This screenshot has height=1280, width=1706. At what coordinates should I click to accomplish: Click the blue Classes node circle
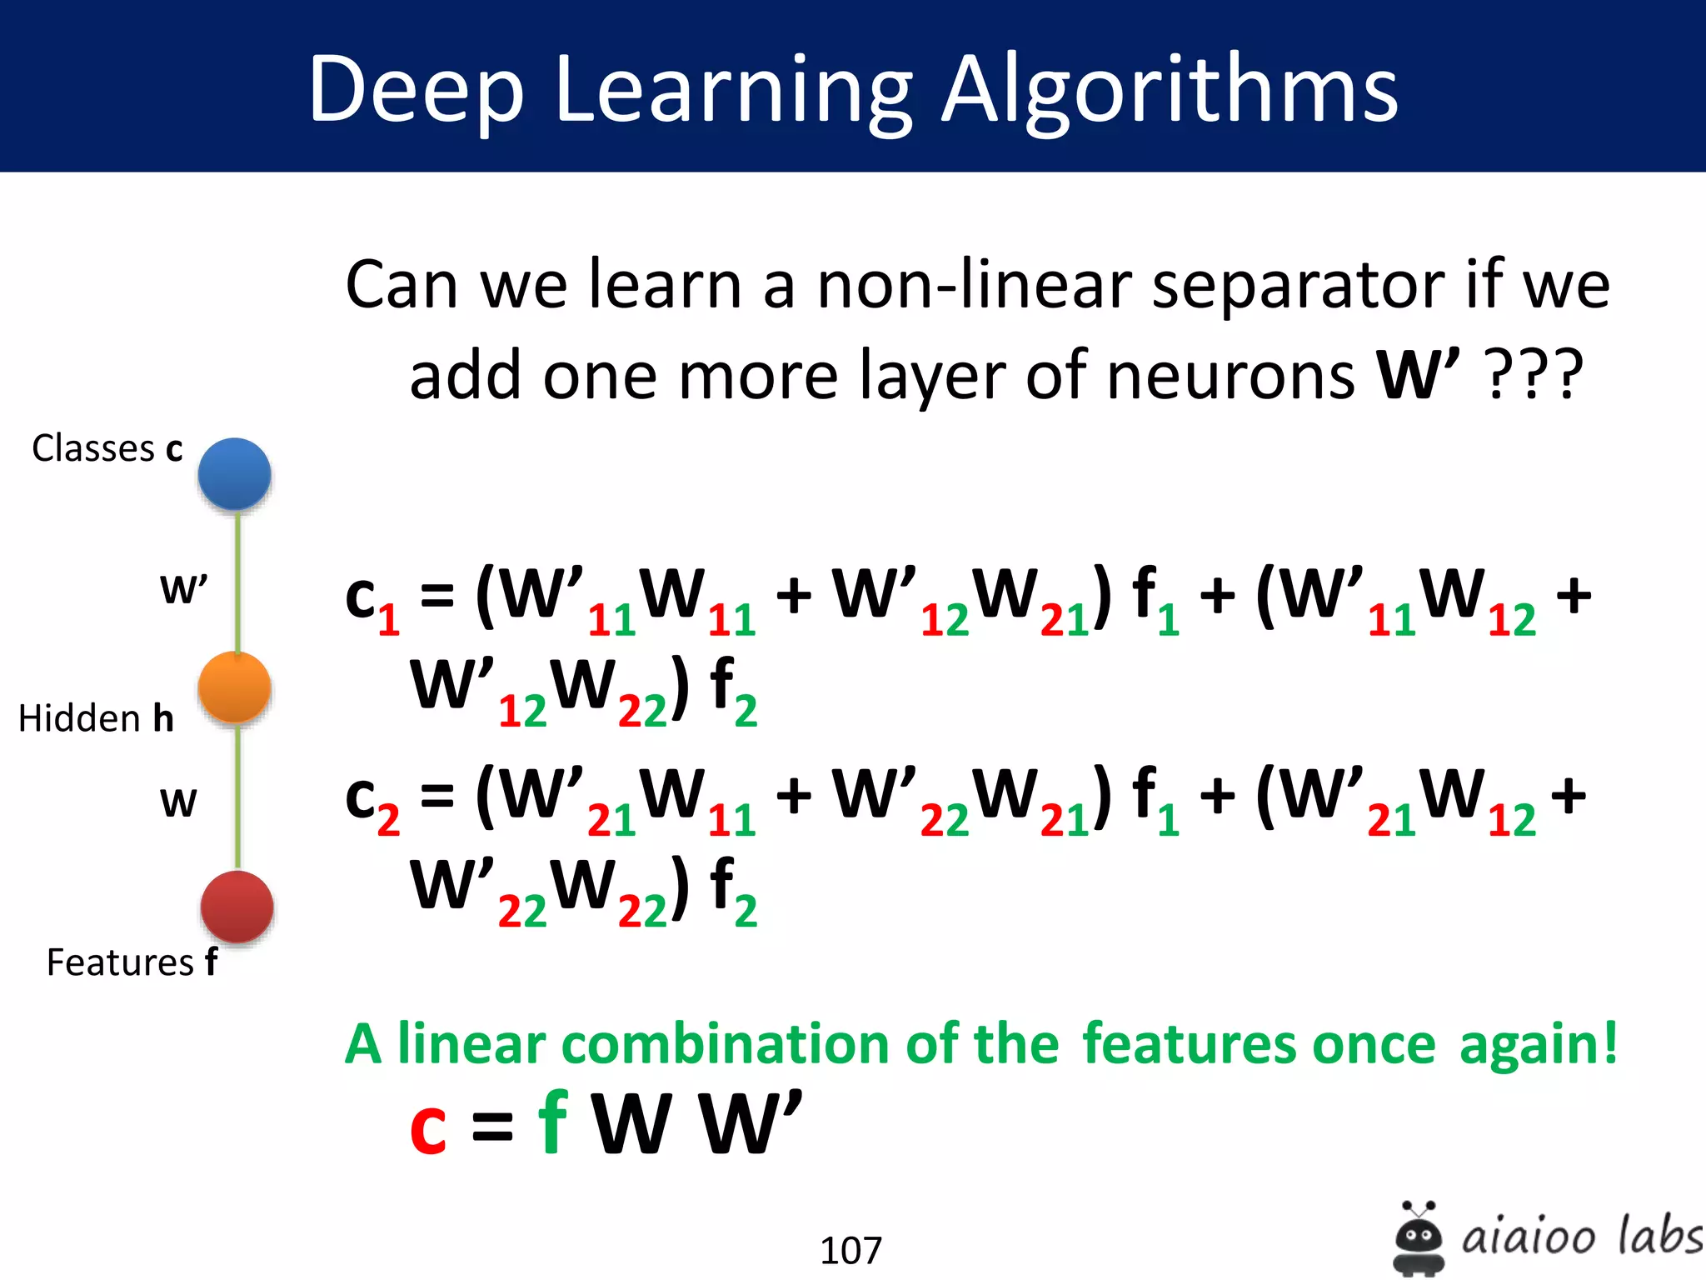pyautogui.click(x=234, y=473)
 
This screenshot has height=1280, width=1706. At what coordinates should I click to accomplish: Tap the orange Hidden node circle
pyautogui.click(x=234, y=687)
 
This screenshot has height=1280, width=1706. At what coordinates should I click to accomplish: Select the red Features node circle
pyautogui.click(x=237, y=907)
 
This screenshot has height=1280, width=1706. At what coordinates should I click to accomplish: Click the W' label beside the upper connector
pyautogui.click(x=183, y=589)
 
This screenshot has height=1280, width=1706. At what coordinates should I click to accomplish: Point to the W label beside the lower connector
pyautogui.click(x=178, y=802)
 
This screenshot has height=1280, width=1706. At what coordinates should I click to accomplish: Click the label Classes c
pyautogui.click(x=107, y=448)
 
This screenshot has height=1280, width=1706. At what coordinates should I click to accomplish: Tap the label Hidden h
pyautogui.click(x=96, y=717)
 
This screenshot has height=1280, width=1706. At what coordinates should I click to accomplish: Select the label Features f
pyautogui.click(x=132, y=962)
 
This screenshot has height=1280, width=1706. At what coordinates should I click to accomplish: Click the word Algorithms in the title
pyautogui.click(x=1170, y=90)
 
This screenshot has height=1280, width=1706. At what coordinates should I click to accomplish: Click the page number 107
pyautogui.click(x=851, y=1250)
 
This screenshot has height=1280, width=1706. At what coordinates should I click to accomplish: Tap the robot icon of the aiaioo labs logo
pyautogui.click(x=1418, y=1237)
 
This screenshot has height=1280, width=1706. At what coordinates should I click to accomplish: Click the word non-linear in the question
pyautogui.click(x=973, y=285)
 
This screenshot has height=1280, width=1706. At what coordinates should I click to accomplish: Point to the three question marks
pyautogui.click(x=1535, y=375)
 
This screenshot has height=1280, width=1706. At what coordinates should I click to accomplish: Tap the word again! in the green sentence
pyautogui.click(x=1538, y=1043)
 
